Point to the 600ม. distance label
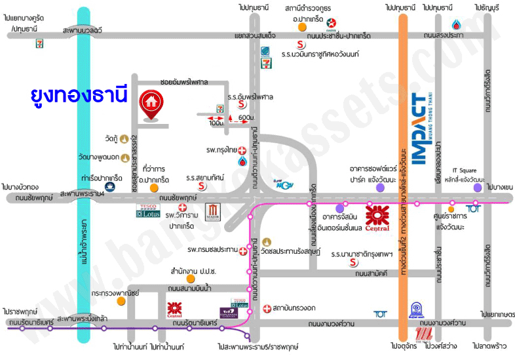(x=246, y=117)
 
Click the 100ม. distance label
(x=216, y=123)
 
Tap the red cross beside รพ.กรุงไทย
(x=242, y=150)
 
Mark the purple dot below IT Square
(x=478, y=188)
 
